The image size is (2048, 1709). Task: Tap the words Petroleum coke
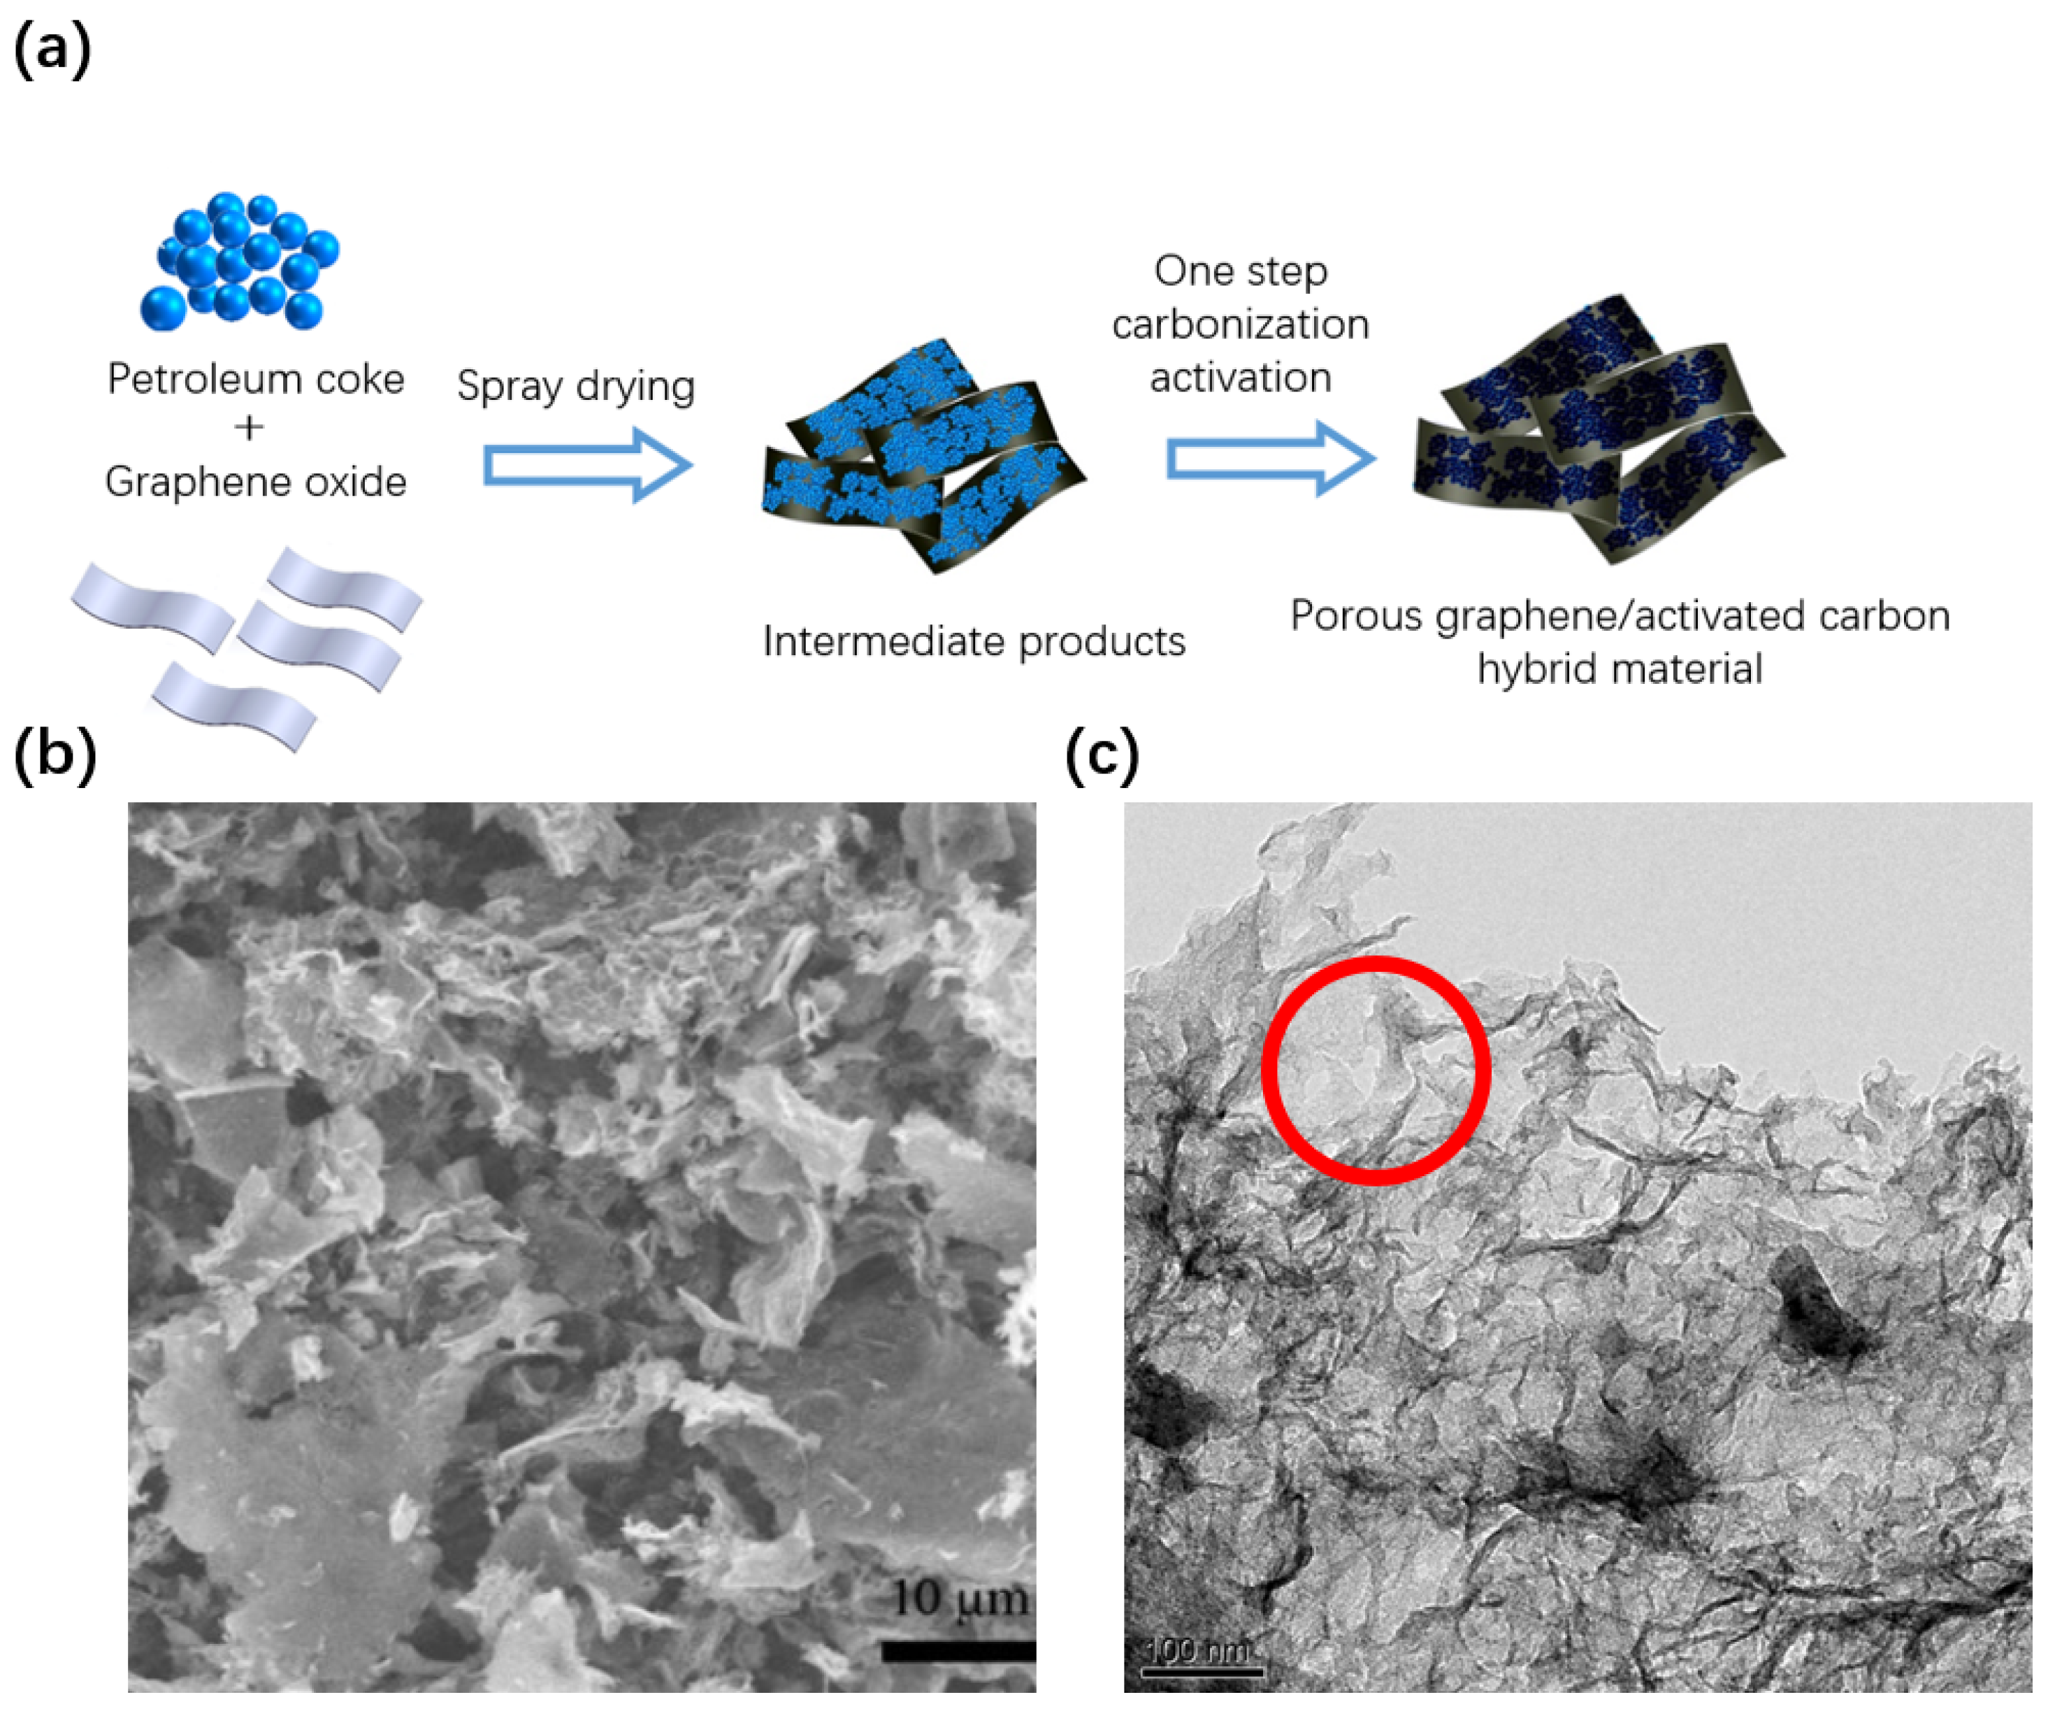[x=256, y=378]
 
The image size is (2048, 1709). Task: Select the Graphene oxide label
[x=256, y=482]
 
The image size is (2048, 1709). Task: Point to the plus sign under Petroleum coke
[x=249, y=428]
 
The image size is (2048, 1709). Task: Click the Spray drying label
[x=575, y=386]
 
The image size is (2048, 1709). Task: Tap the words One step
[x=1241, y=271]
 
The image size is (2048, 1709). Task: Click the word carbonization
[x=1241, y=324]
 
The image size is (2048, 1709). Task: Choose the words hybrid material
[x=1620, y=669]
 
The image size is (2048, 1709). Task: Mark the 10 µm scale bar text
[x=960, y=1598]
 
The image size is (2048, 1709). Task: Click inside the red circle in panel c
[x=1375, y=1070]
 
